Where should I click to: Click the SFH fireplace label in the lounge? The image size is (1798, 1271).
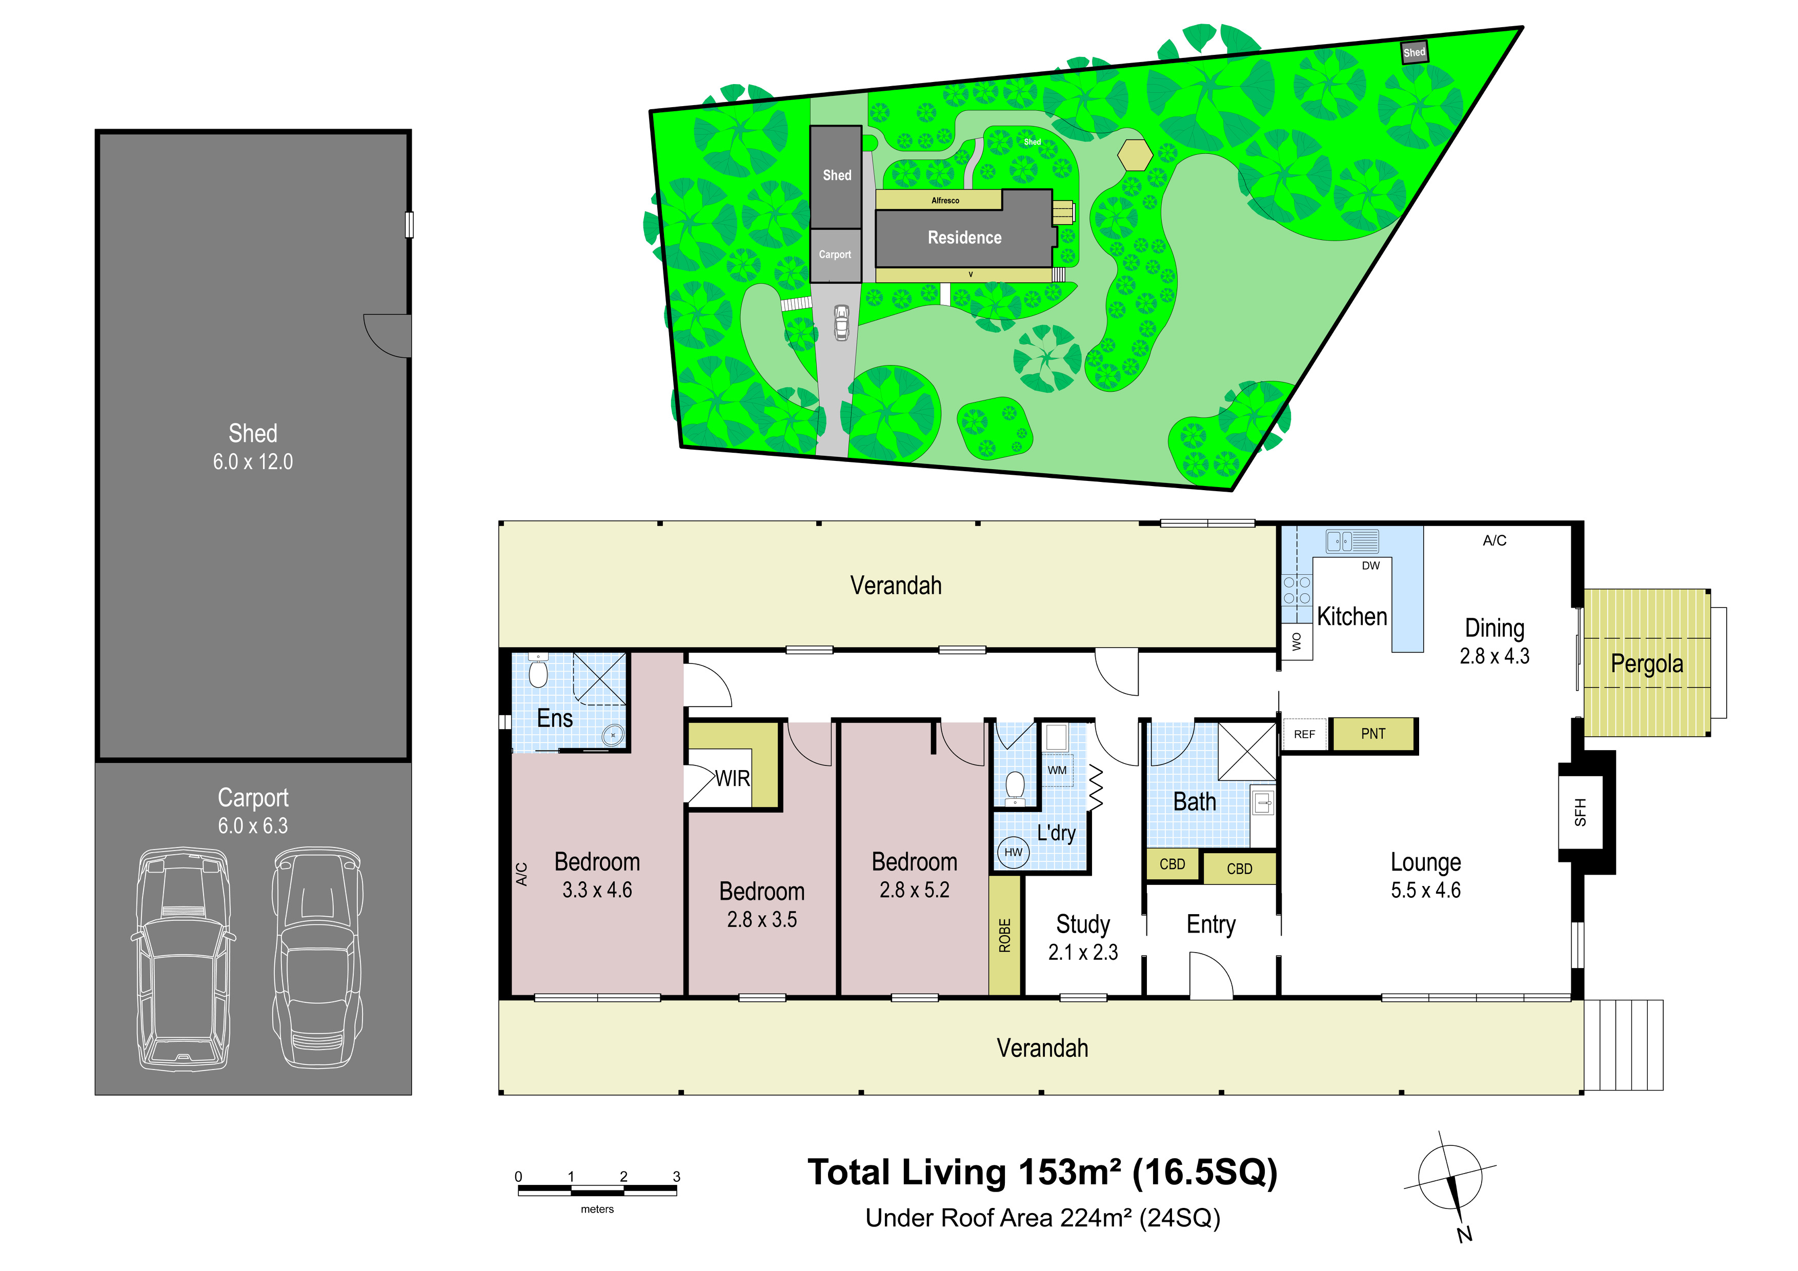tap(1580, 812)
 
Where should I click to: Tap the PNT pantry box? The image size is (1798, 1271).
tap(1373, 734)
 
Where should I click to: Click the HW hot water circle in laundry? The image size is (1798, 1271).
tap(1014, 852)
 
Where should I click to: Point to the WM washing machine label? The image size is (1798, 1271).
tap(1057, 770)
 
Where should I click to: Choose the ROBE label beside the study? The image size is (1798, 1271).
tap(1005, 936)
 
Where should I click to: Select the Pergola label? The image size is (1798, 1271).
tap(1647, 664)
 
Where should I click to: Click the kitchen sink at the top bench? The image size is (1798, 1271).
tap(1351, 541)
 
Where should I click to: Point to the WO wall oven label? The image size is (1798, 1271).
tap(1297, 641)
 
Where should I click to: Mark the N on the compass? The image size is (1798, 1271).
tap(1464, 1234)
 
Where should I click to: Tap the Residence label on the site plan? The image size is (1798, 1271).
tap(965, 237)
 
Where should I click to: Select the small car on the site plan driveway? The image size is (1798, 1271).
tap(841, 322)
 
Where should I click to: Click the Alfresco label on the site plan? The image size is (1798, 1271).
tap(945, 200)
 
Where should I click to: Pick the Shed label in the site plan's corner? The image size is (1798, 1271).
tap(1415, 52)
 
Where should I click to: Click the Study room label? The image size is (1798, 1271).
tap(1083, 925)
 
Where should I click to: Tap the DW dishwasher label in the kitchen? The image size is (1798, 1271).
tap(1370, 566)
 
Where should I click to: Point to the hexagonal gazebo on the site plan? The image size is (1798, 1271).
tap(1134, 154)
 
